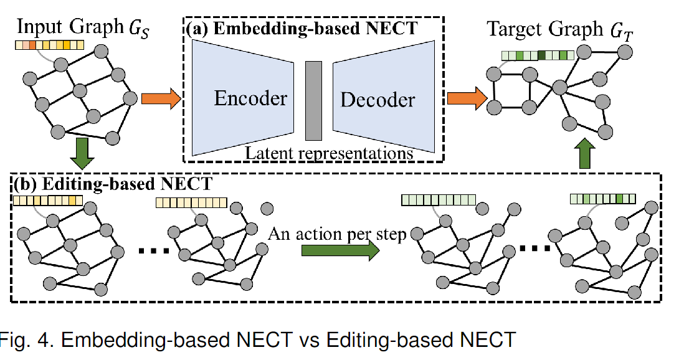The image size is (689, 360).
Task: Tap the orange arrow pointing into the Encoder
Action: pos(161,98)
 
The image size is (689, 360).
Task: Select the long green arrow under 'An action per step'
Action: pos(339,250)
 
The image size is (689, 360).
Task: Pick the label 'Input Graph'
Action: pos(62,28)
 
